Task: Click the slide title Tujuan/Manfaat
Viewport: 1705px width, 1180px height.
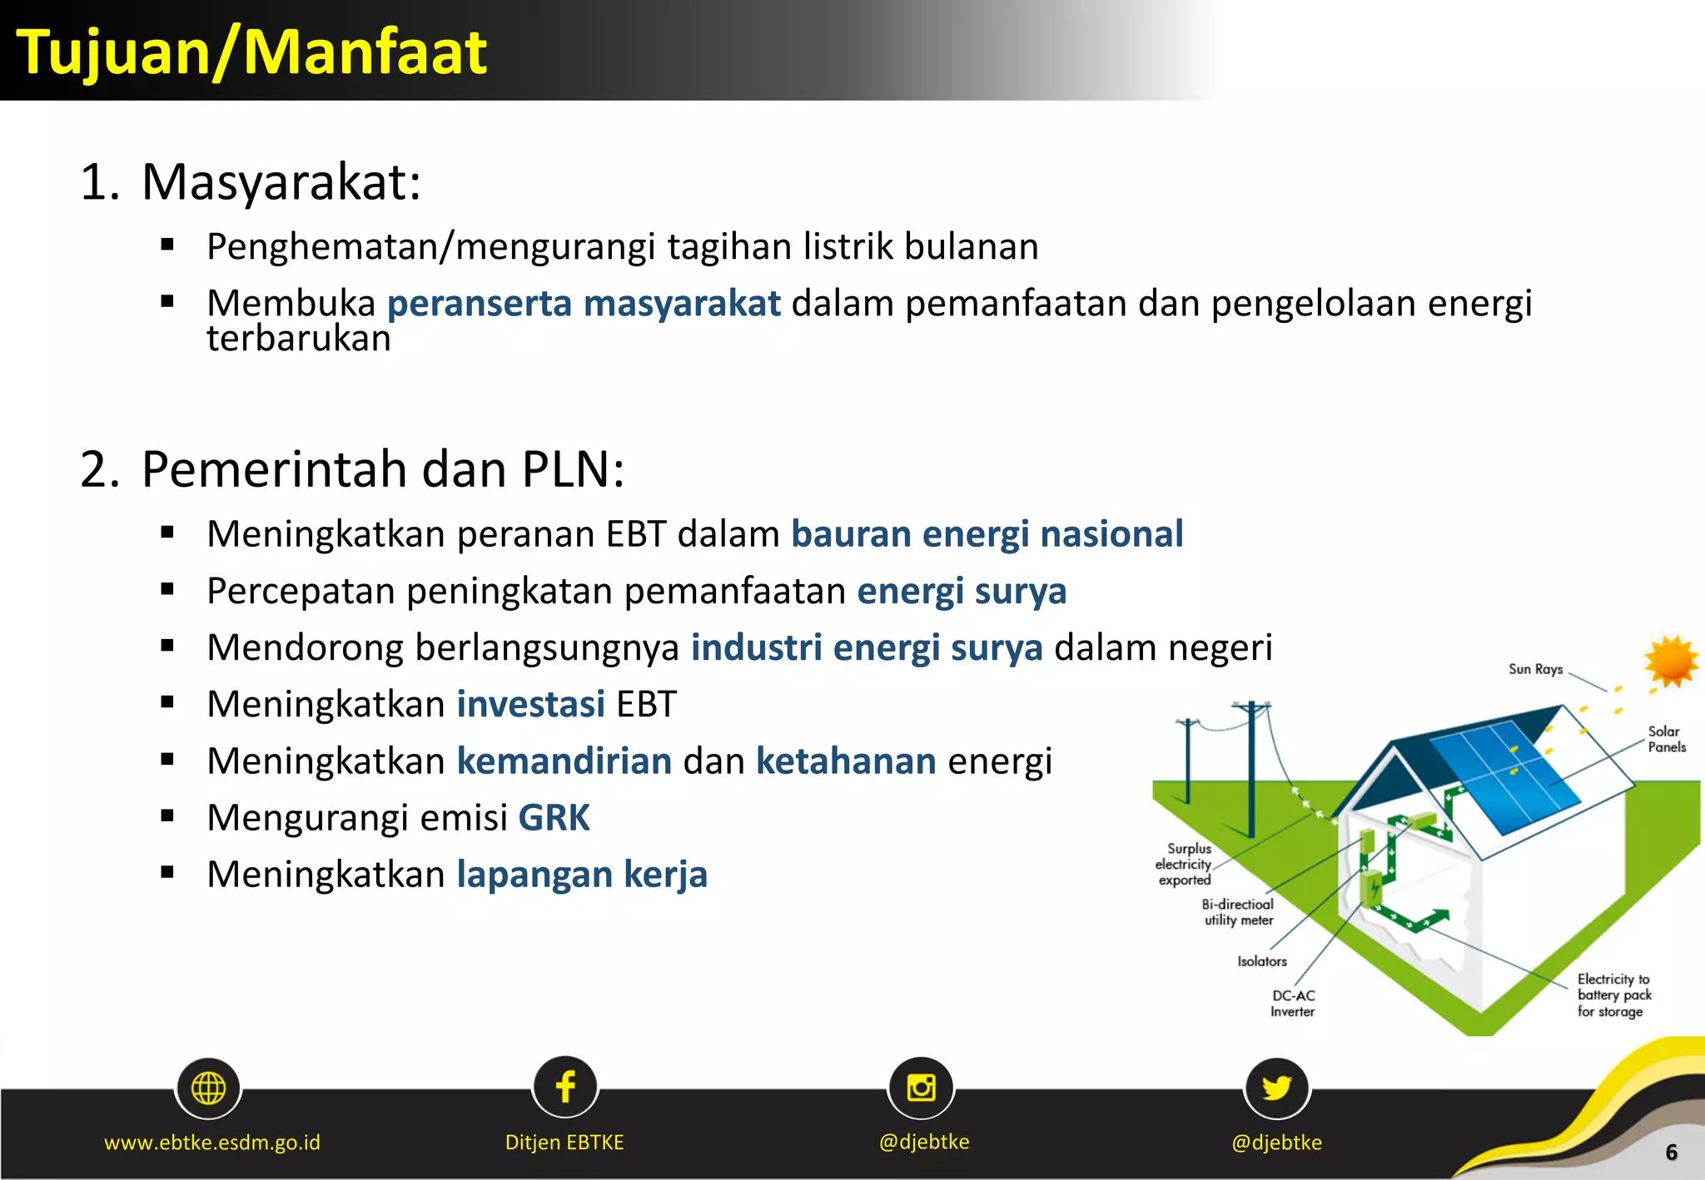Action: (251, 52)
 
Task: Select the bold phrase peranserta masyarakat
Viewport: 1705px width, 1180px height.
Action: (584, 303)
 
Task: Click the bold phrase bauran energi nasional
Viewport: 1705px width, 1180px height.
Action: (987, 534)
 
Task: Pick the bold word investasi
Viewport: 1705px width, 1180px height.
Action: (530, 704)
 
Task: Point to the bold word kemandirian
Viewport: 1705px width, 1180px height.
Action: (564, 761)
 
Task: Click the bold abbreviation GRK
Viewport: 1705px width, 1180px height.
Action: (554, 818)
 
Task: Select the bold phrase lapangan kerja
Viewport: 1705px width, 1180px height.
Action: (582, 875)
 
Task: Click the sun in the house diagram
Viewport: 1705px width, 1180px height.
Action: (1670, 662)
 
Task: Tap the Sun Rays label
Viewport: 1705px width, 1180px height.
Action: (1535, 669)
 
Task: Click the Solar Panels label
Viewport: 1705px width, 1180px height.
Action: (1666, 739)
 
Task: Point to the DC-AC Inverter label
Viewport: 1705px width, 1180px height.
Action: (1292, 1004)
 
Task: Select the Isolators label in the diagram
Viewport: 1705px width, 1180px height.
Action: (1261, 961)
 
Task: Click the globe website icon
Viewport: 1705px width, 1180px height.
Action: (208, 1088)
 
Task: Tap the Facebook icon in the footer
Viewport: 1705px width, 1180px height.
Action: (565, 1087)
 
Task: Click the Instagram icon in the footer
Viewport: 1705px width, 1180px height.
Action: (921, 1087)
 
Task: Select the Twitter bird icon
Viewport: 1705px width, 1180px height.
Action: (1276, 1087)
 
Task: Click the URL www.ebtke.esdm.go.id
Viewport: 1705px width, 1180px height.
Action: (212, 1143)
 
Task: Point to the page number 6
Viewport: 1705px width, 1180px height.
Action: (1671, 1153)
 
